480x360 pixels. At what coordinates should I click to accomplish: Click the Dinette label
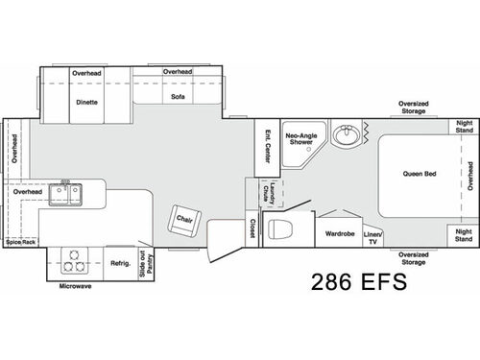(x=85, y=100)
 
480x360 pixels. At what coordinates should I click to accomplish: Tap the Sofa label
(x=177, y=96)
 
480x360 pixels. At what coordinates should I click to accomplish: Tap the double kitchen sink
(x=66, y=196)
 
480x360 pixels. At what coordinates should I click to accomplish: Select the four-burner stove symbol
(x=73, y=258)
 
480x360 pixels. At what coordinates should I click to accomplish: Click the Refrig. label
(x=119, y=262)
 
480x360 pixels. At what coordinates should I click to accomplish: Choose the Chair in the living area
(x=186, y=220)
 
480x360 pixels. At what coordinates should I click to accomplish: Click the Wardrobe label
(x=340, y=233)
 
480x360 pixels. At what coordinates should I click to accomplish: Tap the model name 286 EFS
(x=358, y=282)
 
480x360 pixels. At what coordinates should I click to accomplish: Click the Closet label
(x=252, y=228)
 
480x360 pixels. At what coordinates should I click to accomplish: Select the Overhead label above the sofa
(x=178, y=72)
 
